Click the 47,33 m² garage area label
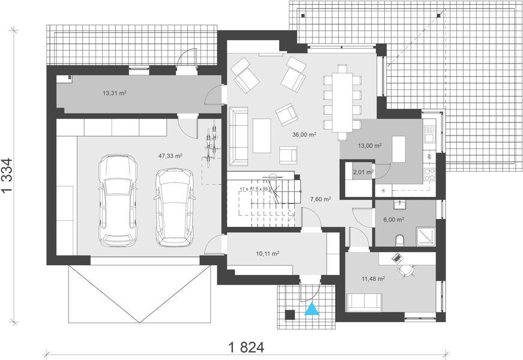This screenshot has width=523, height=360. (x=171, y=155)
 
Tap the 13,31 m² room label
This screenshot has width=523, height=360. (x=114, y=93)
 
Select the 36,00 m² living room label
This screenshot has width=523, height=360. (x=304, y=134)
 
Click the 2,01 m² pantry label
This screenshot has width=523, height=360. (x=363, y=172)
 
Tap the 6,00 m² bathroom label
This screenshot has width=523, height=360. (x=393, y=220)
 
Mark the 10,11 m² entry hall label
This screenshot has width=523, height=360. (x=267, y=254)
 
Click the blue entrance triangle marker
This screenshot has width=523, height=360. (x=312, y=310)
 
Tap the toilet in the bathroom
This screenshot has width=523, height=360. (x=400, y=241)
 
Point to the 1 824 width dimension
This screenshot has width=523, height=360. (x=246, y=347)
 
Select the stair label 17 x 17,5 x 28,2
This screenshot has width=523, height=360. (x=255, y=189)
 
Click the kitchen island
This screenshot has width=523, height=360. (x=399, y=149)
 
